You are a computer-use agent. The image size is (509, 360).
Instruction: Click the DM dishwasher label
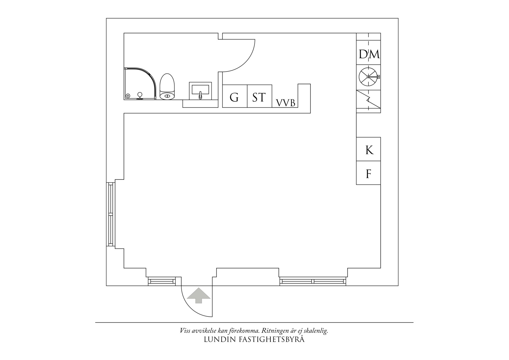click(x=369, y=54)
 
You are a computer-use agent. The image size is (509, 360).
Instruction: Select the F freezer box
click(x=369, y=173)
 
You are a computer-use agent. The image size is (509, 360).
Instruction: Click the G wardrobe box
click(x=234, y=97)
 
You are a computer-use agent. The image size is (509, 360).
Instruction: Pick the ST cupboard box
click(x=259, y=97)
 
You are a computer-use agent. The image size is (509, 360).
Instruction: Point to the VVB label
click(x=285, y=103)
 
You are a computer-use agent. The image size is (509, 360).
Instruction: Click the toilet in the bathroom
click(x=167, y=87)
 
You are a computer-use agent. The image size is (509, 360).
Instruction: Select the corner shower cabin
click(x=140, y=84)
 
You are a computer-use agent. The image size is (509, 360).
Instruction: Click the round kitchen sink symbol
click(x=368, y=77)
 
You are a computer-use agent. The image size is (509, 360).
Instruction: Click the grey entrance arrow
click(x=198, y=295)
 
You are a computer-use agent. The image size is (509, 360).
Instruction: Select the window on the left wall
click(x=110, y=214)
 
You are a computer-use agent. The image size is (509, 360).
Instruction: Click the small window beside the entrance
click(x=162, y=281)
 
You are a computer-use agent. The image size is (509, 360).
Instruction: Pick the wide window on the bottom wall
click(x=313, y=281)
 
